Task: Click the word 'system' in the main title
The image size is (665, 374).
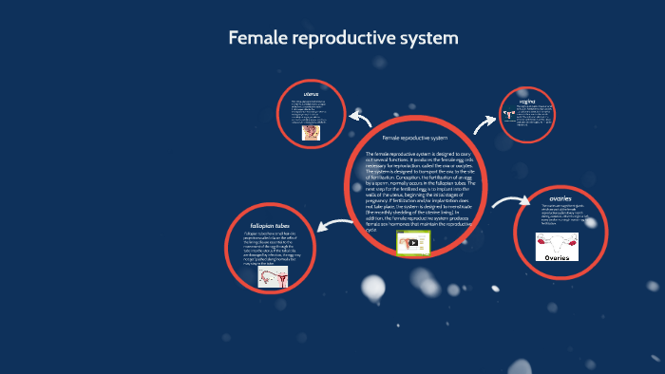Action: pyautogui.click(x=427, y=38)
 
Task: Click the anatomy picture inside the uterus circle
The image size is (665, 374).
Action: pyautogui.click(x=311, y=133)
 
